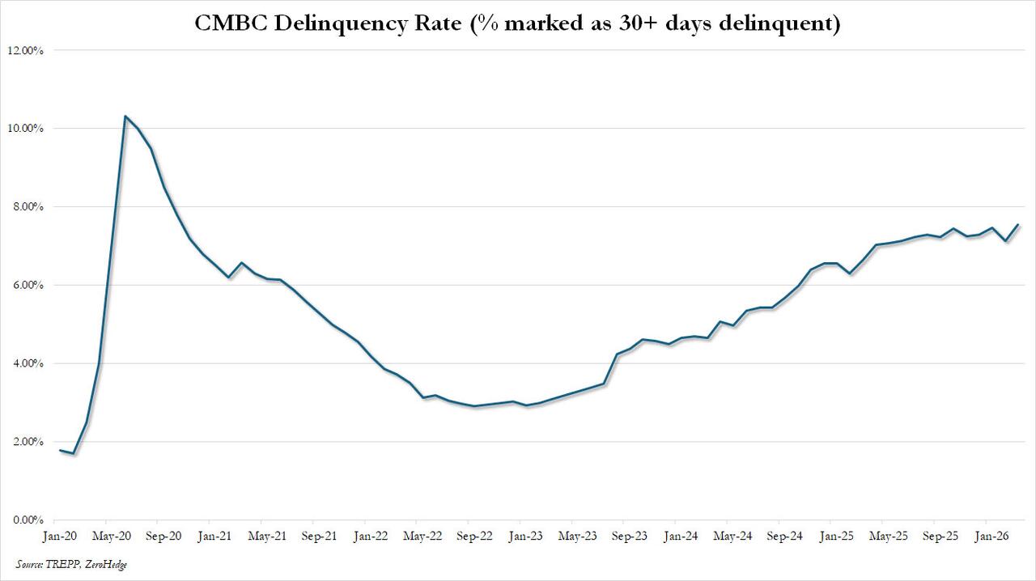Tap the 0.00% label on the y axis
pos(28,520)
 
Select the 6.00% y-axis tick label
pos(28,285)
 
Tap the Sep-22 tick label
pos(474,536)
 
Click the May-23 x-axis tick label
pos(578,536)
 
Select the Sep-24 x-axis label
pos(785,536)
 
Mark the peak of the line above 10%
pos(125,116)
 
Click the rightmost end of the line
pos(1018,224)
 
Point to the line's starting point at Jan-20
pos(61,450)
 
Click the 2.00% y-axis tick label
pos(28,442)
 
